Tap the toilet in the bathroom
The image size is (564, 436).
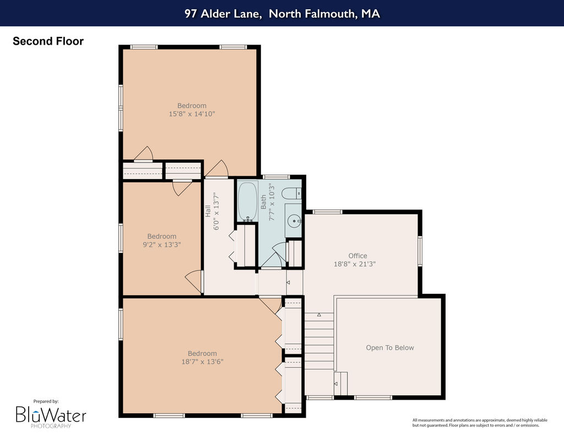(x=292, y=193)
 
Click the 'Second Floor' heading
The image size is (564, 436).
(x=48, y=41)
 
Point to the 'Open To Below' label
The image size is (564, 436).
(x=390, y=347)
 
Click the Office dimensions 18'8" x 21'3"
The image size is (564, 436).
(x=355, y=264)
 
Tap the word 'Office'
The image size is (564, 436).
(x=357, y=256)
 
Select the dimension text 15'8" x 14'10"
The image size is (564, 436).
(x=192, y=114)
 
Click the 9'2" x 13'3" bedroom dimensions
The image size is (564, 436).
(x=162, y=245)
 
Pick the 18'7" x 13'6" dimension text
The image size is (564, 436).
(x=202, y=362)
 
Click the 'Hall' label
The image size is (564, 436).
(x=208, y=211)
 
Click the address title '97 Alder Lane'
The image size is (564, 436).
(x=223, y=14)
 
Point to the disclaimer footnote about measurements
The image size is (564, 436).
(x=480, y=423)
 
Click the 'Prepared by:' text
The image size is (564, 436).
(x=46, y=401)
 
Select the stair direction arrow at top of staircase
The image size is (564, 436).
(x=319, y=315)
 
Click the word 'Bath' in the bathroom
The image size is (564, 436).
(x=264, y=202)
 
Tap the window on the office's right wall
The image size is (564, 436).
(x=420, y=251)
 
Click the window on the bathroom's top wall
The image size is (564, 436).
(x=276, y=177)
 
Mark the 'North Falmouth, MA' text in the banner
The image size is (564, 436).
(x=324, y=14)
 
